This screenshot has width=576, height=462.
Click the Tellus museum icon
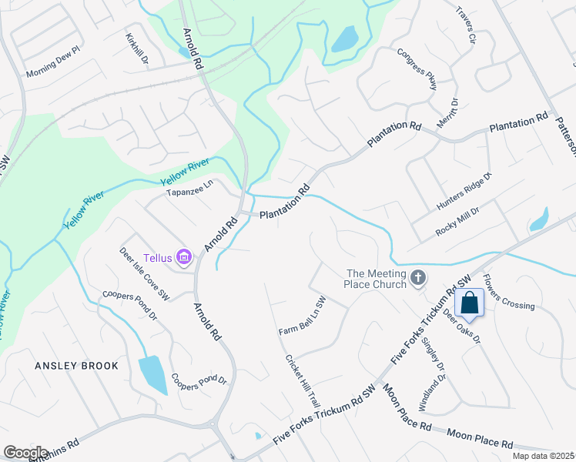click(183, 256)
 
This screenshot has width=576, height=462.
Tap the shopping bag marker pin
click(469, 302)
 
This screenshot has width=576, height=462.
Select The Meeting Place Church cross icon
click(417, 277)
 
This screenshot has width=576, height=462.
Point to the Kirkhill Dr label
click(138, 49)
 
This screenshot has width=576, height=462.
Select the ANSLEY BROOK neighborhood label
click(76, 366)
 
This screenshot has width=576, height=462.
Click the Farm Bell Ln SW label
click(303, 316)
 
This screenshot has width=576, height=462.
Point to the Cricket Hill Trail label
click(302, 380)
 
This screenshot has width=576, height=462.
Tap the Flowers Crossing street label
click(508, 293)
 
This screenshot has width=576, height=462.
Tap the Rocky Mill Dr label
click(457, 221)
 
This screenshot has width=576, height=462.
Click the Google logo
click(25, 452)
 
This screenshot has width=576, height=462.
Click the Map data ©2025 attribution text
click(543, 456)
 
